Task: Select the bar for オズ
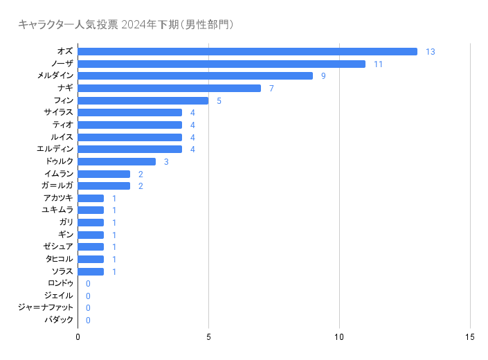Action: tap(247, 52)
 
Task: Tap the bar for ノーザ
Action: tap(222, 64)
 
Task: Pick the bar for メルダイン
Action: tap(195, 76)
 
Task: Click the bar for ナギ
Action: tap(169, 88)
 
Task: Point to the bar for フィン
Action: tap(143, 100)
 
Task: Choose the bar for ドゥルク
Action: tap(116, 161)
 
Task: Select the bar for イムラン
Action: tap(104, 174)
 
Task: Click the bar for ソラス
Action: tap(91, 271)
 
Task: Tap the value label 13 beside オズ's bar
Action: tap(430, 52)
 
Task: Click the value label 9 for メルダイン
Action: tap(323, 76)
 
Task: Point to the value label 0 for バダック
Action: tap(88, 321)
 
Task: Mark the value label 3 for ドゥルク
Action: tap(166, 161)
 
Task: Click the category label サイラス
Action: tap(58, 113)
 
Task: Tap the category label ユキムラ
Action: tap(57, 210)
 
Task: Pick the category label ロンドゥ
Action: tap(60, 284)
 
